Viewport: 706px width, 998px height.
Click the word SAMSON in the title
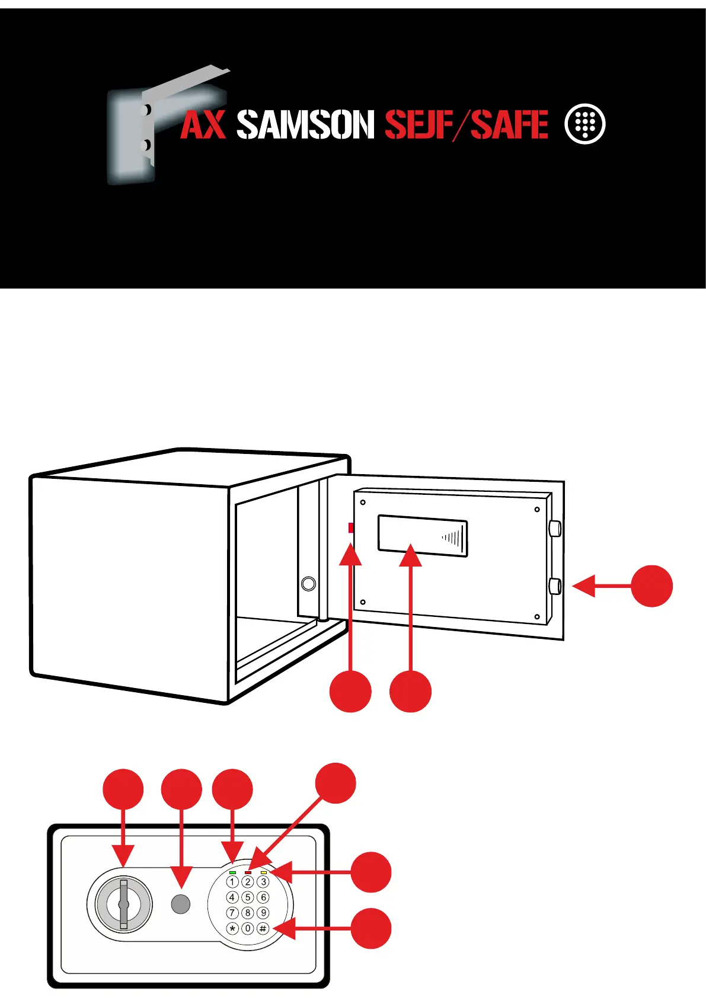click(305, 124)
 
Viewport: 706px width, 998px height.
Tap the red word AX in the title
click(203, 124)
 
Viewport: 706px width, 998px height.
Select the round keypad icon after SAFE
click(585, 124)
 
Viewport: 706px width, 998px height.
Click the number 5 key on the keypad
click(248, 898)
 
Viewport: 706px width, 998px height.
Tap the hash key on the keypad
click(263, 929)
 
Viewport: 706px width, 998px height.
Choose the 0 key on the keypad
click(248, 929)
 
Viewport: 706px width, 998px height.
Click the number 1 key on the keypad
click(232, 882)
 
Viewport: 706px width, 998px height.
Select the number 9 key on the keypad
click(263, 913)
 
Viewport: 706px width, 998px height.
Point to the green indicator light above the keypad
click(232, 872)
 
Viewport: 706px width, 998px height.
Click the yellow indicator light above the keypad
click(263, 872)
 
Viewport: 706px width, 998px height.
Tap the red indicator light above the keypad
click(248, 872)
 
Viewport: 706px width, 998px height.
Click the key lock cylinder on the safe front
click(123, 904)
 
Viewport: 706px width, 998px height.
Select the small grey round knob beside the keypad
click(181, 904)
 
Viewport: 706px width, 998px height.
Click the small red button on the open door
click(351, 527)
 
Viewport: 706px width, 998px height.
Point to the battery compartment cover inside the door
click(422, 536)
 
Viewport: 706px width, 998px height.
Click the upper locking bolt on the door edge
click(555, 528)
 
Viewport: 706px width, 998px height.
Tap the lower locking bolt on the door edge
click(555, 586)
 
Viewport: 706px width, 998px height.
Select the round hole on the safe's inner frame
click(308, 583)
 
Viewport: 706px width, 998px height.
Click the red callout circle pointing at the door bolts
click(651, 586)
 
